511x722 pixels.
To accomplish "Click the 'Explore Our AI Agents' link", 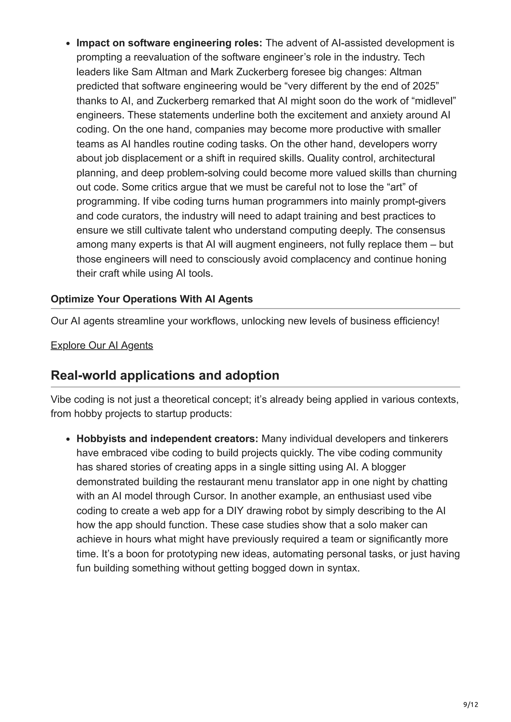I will click(x=102, y=345).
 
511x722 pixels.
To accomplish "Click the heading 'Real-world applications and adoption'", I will click(x=165, y=375).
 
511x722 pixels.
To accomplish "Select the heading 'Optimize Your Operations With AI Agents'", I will click(x=152, y=299).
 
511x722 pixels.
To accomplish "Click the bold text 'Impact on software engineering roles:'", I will click(x=169, y=43).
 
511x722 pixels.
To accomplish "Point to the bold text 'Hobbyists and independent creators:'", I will click(x=167, y=438).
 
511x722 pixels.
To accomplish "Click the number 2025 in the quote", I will click(x=423, y=86).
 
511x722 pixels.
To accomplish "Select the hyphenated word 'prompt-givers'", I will click(x=414, y=201).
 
